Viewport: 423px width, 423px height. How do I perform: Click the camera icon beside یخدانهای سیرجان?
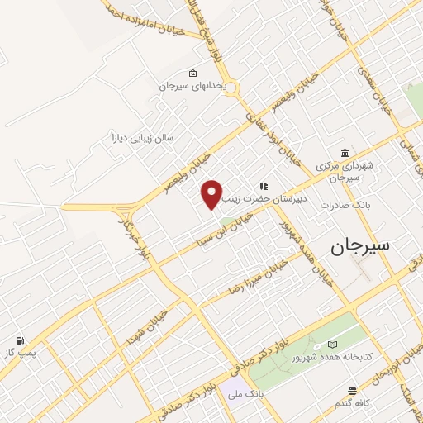point(193,73)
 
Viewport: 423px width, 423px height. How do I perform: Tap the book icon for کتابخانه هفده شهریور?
point(333,344)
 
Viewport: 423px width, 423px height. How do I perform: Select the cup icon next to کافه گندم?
point(353,390)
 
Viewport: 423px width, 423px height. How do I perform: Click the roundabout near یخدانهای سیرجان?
point(230,87)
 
